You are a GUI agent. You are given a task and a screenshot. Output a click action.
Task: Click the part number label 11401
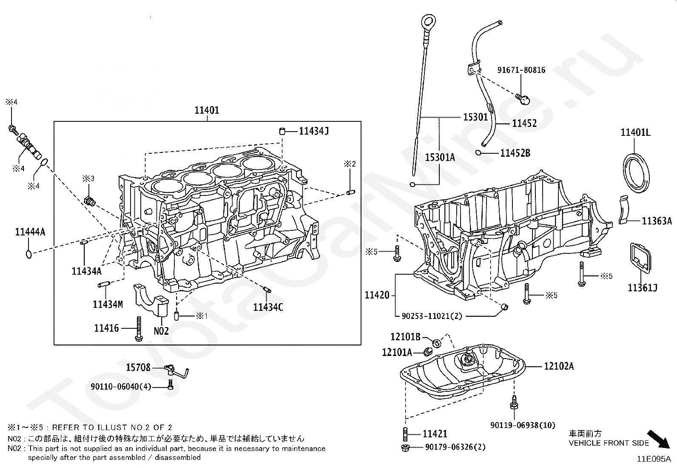(207, 110)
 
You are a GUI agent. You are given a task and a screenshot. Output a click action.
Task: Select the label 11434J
(314, 131)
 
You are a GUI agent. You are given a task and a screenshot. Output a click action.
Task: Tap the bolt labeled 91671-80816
(523, 99)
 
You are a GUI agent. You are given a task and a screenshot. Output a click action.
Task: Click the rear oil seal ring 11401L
(636, 173)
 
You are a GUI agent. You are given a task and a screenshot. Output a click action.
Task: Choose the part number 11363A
(657, 221)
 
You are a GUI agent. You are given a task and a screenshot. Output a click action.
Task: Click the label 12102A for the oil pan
(559, 366)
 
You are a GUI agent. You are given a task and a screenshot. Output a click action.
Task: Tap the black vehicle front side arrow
(659, 439)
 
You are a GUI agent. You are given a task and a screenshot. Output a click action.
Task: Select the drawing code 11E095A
(654, 459)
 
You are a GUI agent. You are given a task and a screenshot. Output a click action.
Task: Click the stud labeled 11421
(405, 434)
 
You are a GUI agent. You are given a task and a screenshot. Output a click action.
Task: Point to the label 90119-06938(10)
(523, 425)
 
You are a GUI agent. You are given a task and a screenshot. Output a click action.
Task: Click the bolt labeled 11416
(139, 329)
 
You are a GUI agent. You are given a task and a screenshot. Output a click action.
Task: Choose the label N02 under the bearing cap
(161, 331)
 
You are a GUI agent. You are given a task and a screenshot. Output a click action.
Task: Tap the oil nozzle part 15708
(176, 371)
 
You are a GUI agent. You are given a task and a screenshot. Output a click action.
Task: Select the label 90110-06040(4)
(121, 387)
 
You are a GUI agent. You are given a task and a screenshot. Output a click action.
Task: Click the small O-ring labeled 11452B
(478, 152)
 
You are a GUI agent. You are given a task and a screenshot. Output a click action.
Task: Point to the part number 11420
(377, 295)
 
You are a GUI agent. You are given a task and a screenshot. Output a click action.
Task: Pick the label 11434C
(268, 307)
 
